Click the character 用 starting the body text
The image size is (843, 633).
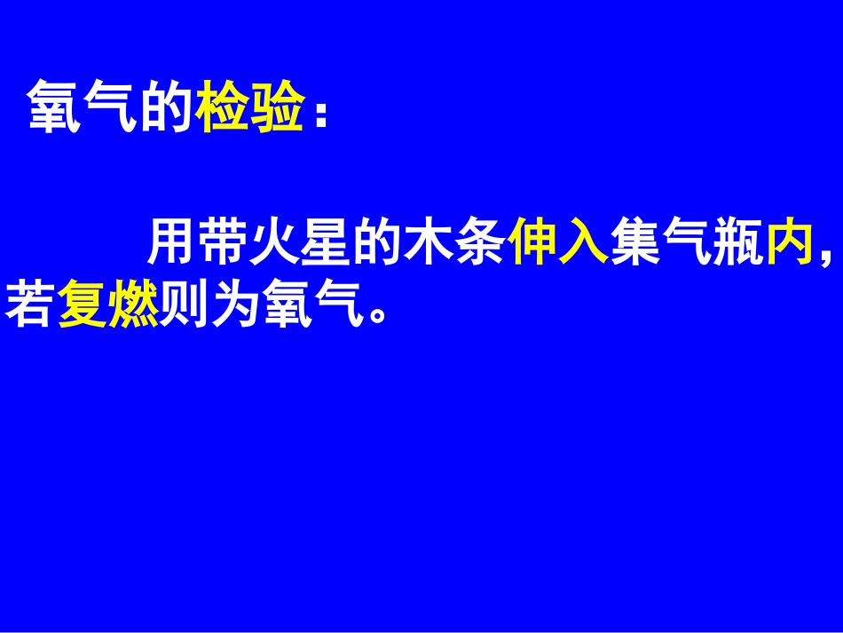tap(171, 241)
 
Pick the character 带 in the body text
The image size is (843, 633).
tap(223, 241)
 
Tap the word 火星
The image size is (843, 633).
tap(302, 241)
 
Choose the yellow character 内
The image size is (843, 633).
tap(789, 241)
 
